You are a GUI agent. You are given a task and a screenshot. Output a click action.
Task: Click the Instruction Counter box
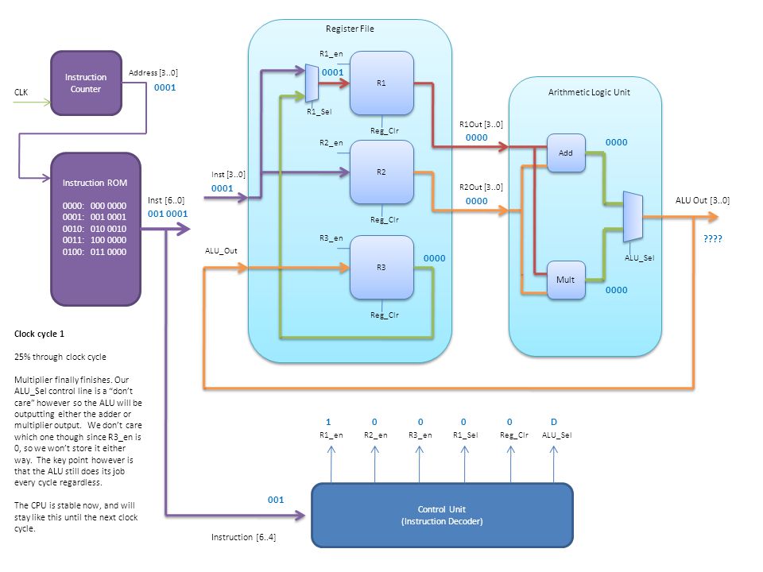click(x=86, y=83)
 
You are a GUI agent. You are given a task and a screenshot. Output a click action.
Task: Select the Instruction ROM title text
click(x=95, y=183)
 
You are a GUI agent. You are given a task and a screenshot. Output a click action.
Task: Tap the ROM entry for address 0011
click(x=95, y=240)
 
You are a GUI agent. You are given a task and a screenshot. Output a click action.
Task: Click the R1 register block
click(x=381, y=83)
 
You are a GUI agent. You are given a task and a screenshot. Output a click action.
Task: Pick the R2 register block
click(x=381, y=172)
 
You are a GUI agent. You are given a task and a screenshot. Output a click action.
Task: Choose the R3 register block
click(x=381, y=267)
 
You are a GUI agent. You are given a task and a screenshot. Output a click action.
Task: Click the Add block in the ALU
click(x=566, y=153)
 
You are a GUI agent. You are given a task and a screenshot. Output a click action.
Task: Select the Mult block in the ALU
click(x=566, y=280)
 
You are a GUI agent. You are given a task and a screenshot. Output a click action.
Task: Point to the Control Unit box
click(x=442, y=515)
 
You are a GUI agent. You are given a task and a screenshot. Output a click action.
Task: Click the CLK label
click(x=21, y=92)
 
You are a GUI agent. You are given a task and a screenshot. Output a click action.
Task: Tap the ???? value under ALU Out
click(x=713, y=238)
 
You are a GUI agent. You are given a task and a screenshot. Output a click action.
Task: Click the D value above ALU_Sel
click(x=554, y=422)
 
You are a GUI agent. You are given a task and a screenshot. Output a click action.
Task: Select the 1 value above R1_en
click(x=328, y=422)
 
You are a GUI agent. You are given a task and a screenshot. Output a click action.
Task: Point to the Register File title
click(x=350, y=29)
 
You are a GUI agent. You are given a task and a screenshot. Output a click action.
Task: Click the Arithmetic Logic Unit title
click(x=589, y=92)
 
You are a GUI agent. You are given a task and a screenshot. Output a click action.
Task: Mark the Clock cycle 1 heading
click(x=39, y=334)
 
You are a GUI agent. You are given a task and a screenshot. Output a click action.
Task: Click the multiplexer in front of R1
click(x=312, y=83)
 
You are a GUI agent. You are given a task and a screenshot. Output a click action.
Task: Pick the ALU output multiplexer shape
click(x=633, y=216)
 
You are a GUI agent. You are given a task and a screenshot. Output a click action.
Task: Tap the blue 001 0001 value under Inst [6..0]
click(x=168, y=214)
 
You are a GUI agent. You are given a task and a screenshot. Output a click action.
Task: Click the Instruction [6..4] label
click(x=243, y=537)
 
